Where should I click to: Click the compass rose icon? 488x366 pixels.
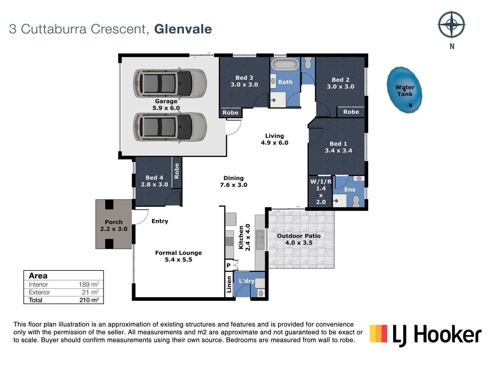click(x=451, y=25)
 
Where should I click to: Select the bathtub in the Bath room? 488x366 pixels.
click(x=285, y=64)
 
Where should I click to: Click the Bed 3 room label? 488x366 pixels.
click(x=244, y=81)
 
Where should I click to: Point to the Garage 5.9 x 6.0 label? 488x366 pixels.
click(x=166, y=104)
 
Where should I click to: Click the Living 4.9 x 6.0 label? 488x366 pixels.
click(x=274, y=139)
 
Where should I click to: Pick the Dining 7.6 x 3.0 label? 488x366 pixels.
click(x=233, y=181)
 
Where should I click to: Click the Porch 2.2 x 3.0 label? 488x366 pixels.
click(x=113, y=225)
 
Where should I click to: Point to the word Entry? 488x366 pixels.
click(x=160, y=221)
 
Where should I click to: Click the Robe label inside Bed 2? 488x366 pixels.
click(x=351, y=112)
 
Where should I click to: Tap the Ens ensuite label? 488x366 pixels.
click(x=350, y=189)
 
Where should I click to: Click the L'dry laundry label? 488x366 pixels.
click(x=246, y=281)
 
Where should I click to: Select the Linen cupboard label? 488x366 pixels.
click(x=229, y=285)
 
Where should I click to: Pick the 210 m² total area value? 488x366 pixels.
click(x=89, y=300)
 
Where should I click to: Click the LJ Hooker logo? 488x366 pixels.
click(x=425, y=335)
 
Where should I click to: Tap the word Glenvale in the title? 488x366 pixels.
click(x=183, y=29)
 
